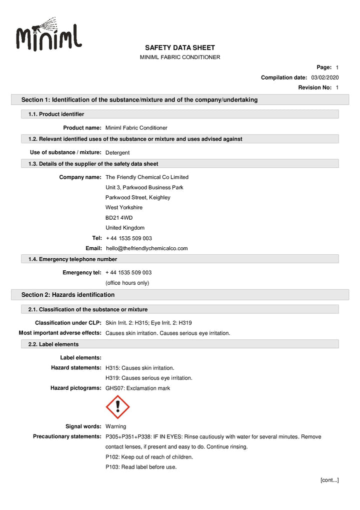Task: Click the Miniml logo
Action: [49, 35]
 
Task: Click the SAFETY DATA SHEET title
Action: [179, 48]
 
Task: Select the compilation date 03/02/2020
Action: [324, 78]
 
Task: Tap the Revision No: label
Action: [315, 88]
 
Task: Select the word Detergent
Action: [117, 153]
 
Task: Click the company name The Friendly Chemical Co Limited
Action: [147, 177]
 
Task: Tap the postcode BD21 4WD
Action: [119, 218]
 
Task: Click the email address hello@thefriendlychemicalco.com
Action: [146, 248]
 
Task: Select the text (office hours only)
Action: [127, 283]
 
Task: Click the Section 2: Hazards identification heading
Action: [68, 295]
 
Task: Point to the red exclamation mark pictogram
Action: [118, 407]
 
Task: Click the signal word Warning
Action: [115, 426]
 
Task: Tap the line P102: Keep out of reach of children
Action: [149, 457]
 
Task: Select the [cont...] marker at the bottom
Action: [329, 480]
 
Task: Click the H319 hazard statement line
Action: [148, 378]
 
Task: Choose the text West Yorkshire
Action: [123, 207]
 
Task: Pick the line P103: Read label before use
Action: [141, 467]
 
